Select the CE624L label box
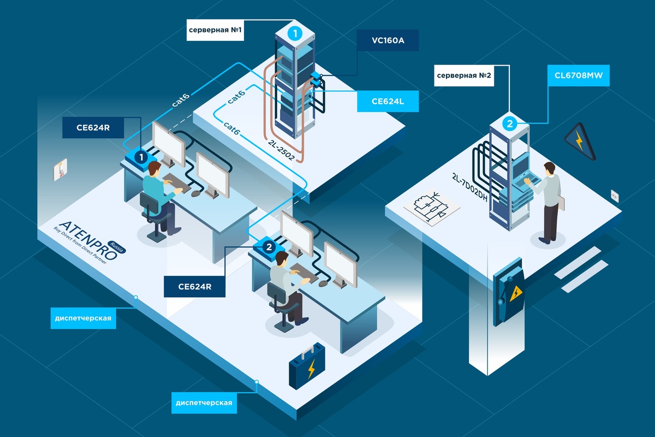point(388,101)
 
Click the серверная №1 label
point(215,31)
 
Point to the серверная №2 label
point(463,76)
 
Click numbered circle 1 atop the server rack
point(295,33)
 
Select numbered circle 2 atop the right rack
point(509,124)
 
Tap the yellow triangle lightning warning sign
point(580,141)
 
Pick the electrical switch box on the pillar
point(508,295)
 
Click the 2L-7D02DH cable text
point(469,188)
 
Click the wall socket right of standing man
point(615,194)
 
